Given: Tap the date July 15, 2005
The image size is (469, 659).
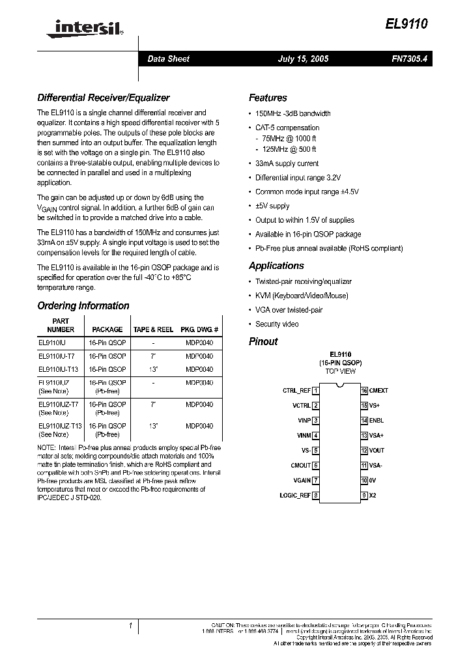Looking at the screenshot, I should [x=303, y=59].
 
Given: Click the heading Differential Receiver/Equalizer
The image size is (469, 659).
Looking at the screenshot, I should [x=103, y=98].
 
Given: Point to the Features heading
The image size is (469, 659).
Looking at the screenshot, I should [x=268, y=98].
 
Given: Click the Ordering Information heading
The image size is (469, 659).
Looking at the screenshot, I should [x=83, y=305].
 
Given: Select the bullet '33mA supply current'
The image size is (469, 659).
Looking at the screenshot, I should [x=287, y=163].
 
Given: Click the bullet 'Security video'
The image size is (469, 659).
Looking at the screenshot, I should [x=277, y=324].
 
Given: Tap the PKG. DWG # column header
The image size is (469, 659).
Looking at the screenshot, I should [x=199, y=329].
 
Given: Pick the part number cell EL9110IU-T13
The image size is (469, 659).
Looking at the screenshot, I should [x=59, y=369].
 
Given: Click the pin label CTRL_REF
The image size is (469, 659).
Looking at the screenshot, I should [x=296, y=391].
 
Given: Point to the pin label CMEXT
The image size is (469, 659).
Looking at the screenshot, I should [x=378, y=391].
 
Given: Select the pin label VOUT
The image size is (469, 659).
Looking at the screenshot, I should [x=377, y=451].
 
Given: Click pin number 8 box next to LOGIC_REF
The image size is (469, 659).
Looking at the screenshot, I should [x=316, y=496].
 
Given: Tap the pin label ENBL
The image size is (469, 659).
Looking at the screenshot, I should [x=377, y=421].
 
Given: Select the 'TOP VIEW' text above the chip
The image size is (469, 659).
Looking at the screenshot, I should [x=340, y=371].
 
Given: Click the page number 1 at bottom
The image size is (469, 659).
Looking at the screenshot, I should [x=130, y=626].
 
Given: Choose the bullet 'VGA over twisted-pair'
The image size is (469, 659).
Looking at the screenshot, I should [x=289, y=310].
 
